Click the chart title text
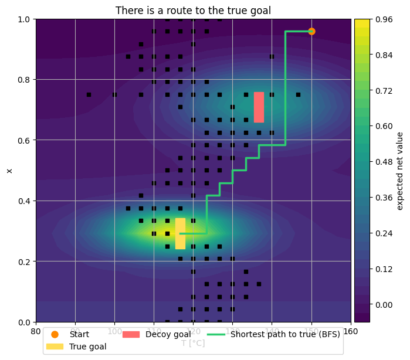point(193,11)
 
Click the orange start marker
point(311,31)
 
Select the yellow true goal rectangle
point(180,233)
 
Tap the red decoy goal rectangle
point(259,107)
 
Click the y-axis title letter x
point(9,171)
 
